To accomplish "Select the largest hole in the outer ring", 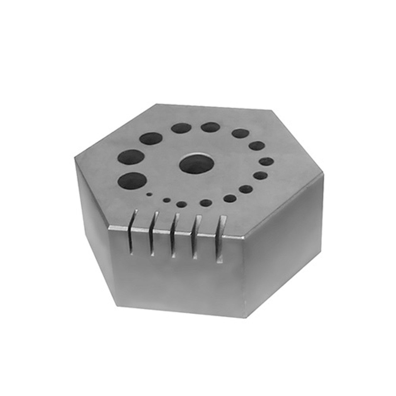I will (132, 181).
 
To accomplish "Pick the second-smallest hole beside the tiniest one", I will (167, 200).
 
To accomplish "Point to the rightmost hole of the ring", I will (266, 161).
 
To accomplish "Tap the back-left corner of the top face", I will (156, 104).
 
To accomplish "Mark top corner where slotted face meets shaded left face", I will (109, 227).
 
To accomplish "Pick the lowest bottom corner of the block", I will (245, 317).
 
